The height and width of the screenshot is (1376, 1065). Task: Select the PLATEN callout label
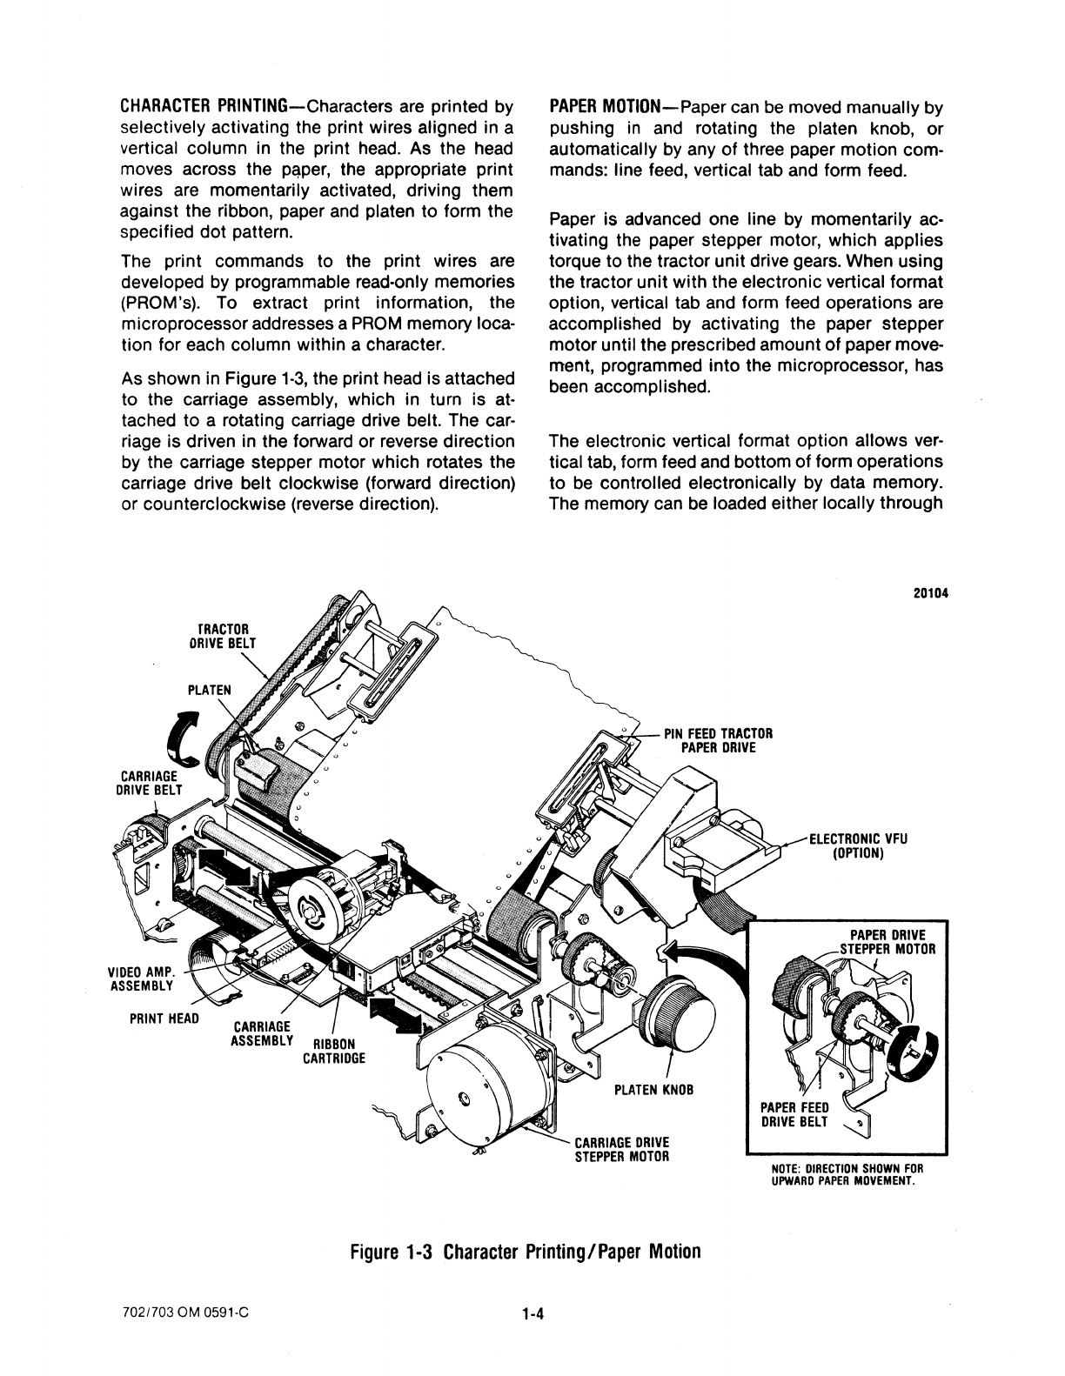pyautogui.click(x=210, y=690)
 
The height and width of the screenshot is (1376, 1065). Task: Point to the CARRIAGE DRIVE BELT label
pyautogui.click(x=147, y=782)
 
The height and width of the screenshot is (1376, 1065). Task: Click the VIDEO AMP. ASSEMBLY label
pyautogui.click(x=141, y=979)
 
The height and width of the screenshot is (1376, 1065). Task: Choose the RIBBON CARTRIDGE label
pyautogui.click(x=334, y=1052)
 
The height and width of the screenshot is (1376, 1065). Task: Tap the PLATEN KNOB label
pyautogui.click(x=653, y=1090)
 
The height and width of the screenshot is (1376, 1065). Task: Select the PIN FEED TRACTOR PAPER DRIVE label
pyautogui.click(x=718, y=740)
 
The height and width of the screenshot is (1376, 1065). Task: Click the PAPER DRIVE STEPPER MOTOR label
pyautogui.click(x=888, y=942)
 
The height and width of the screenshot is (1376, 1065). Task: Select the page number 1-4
pyautogui.click(x=532, y=1315)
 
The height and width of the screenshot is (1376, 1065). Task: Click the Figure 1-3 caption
pyautogui.click(x=525, y=1252)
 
